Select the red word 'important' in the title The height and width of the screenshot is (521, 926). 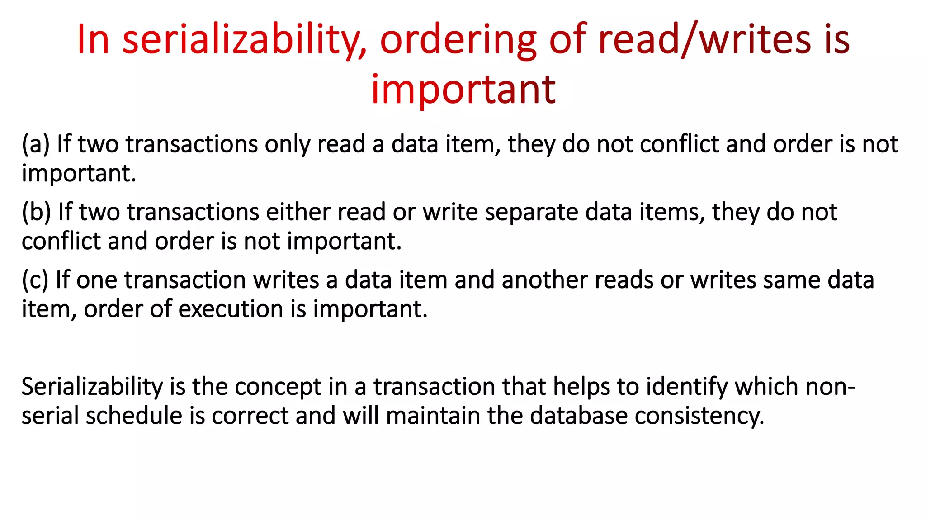pos(463,90)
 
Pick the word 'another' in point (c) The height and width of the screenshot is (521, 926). pos(544,280)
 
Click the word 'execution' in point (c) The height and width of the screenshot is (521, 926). pos(231,309)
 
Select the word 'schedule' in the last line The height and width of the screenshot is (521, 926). pos(134,416)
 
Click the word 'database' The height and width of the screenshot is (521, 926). pos(579,416)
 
